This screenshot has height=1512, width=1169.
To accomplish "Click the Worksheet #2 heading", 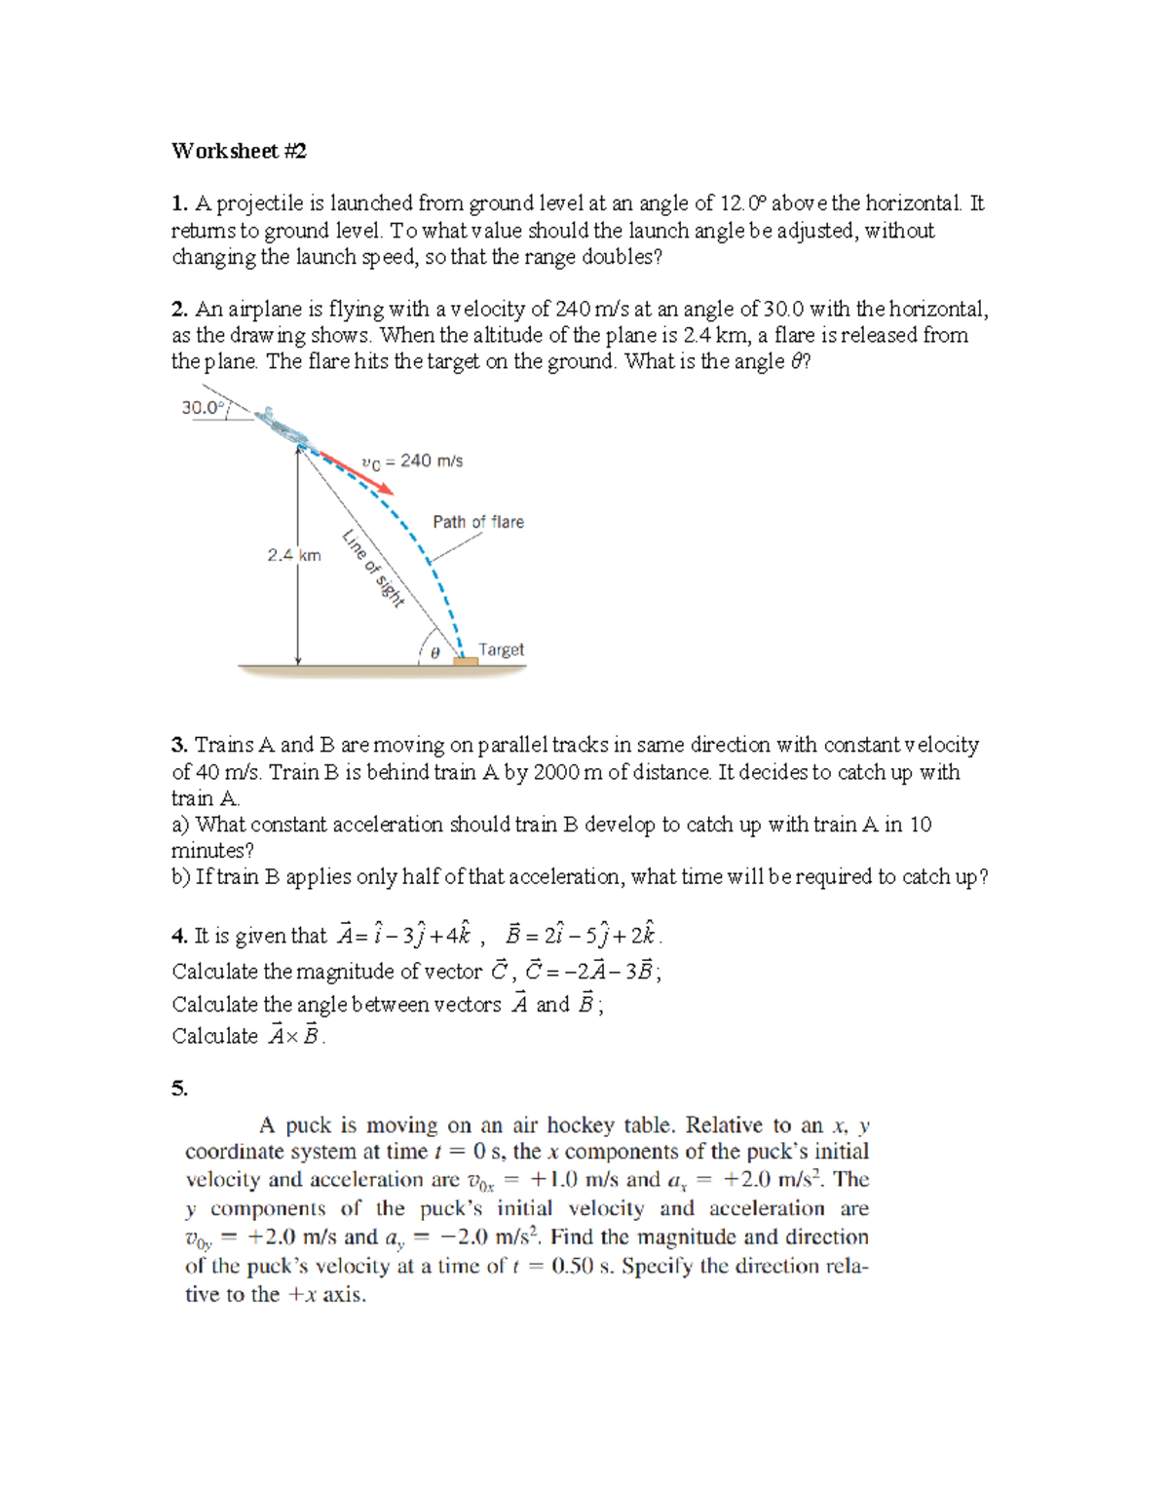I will (239, 151).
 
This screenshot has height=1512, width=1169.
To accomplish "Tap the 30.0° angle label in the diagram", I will (202, 408).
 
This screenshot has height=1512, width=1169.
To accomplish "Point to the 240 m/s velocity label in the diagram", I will (412, 461).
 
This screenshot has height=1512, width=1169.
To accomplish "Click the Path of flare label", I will (478, 522).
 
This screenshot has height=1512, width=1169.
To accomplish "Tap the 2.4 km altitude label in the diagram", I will (294, 555).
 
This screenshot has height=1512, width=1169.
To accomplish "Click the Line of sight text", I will (373, 568).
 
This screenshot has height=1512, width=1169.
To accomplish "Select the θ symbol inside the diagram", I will (434, 652).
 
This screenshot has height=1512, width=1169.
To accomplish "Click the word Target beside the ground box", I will (501, 649).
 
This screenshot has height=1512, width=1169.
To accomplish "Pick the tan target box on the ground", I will (466, 661).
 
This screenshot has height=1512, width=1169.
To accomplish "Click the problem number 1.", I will (179, 203).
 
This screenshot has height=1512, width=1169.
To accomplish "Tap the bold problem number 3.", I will (179, 745).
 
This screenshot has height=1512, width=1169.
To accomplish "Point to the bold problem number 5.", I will (179, 1088).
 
